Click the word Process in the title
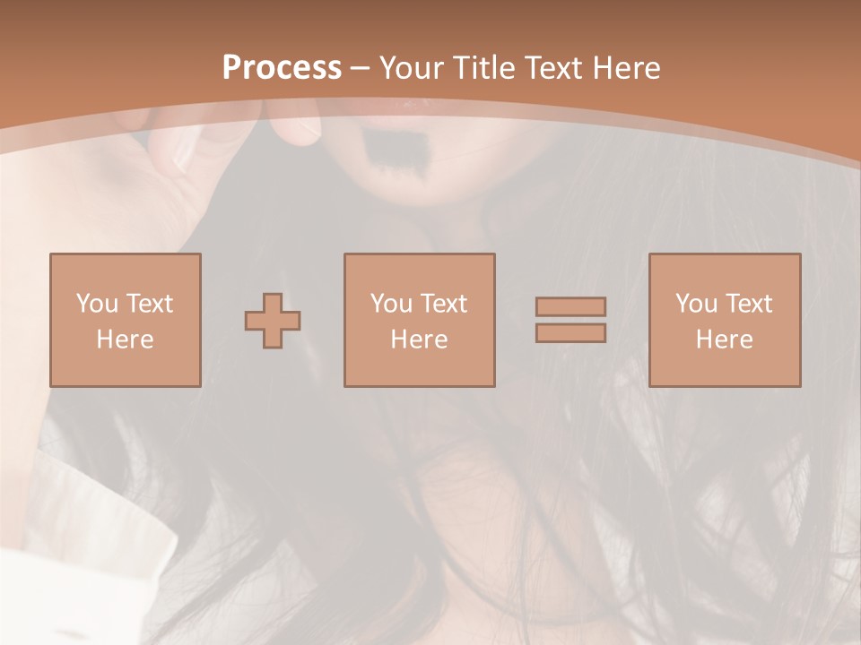[282, 68]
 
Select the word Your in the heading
[412, 68]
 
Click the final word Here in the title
[627, 68]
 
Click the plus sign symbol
[273, 320]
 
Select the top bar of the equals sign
[570, 306]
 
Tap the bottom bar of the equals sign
[570, 333]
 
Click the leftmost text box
[125, 320]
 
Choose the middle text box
[419, 320]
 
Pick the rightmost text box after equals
[724, 320]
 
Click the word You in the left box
[97, 304]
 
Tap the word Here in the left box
[125, 340]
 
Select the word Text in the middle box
[444, 304]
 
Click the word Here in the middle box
[419, 340]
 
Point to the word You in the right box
[696, 304]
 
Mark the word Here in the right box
[724, 340]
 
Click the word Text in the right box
[749, 304]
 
